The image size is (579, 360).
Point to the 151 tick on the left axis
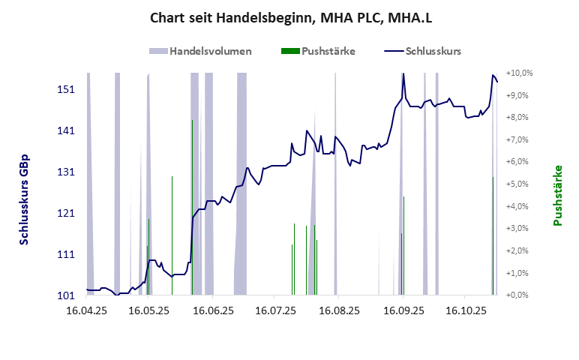[67, 90]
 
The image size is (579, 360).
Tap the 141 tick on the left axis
[67, 131]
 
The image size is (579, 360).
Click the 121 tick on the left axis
[67, 214]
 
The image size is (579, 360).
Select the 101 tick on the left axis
[67, 295]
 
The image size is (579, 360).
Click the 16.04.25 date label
[88, 309]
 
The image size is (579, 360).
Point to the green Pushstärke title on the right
[558, 196]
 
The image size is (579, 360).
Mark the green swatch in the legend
[289, 52]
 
